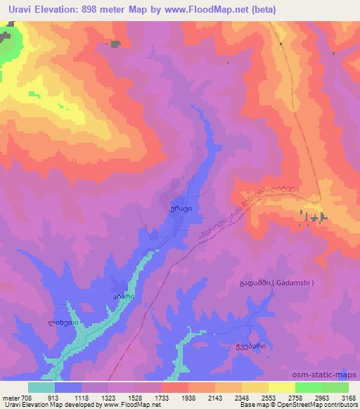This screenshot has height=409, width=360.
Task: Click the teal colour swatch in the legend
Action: tap(41, 387)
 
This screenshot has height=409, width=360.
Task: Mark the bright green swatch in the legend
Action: tap(308, 387)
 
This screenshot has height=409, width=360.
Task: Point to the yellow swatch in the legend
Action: tap(281, 387)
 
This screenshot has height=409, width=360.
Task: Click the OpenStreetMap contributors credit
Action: tap(322, 405)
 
